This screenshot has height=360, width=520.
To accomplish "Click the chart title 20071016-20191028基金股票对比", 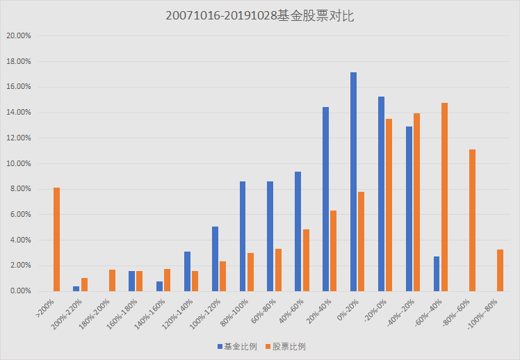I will point(260,16).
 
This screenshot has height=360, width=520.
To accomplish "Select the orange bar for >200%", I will point(57,239).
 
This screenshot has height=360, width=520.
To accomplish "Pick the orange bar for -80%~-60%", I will point(472,220).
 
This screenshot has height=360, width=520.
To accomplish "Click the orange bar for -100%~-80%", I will point(500,270).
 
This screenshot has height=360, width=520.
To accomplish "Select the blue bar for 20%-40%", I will point(326,199).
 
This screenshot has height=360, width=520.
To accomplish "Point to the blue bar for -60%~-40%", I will point(437,274).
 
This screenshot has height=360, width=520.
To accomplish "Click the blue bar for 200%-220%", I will point(76,288).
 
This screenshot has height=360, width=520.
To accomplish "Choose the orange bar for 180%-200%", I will point(112,280).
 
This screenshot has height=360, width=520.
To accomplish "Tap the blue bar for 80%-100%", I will point(243,236).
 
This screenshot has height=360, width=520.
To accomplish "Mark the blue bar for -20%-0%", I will point(382,194).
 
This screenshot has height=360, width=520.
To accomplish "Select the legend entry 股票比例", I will point(284,345).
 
